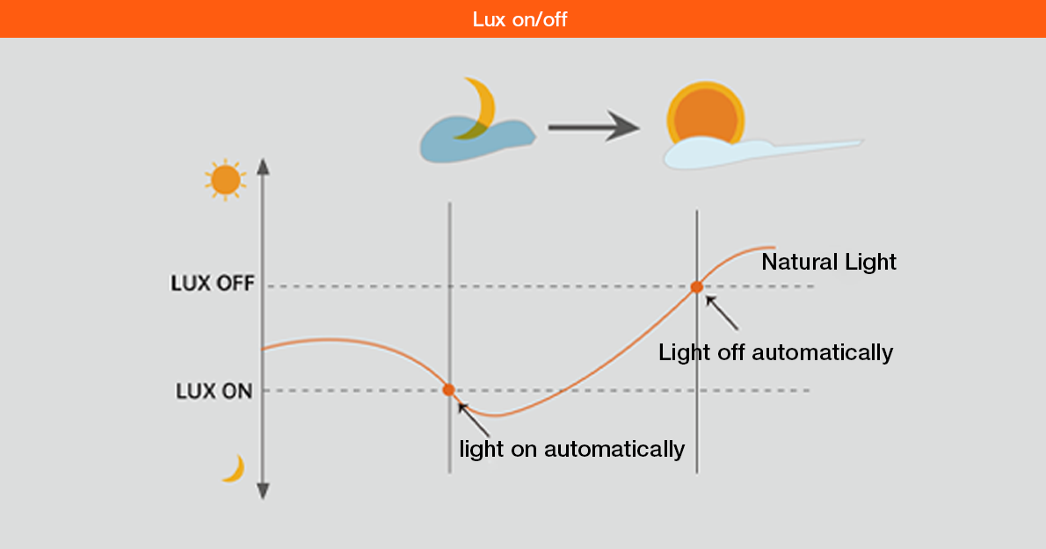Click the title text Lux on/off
click(x=523, y=19)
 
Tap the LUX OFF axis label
click(x=212, y=285)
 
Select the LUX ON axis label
click(x=214, y=391)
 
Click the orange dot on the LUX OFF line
click(x=696, y=286)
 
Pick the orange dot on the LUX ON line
click(x=448, y=389)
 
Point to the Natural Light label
click(x=828, y=262)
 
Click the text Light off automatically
click(x=775, y=352)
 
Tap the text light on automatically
click(x=571, y=449)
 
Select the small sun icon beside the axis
click(x=225, y=180)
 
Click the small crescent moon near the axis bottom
click(x=234, y=469)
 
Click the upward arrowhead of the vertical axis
click(x=262, y=167)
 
